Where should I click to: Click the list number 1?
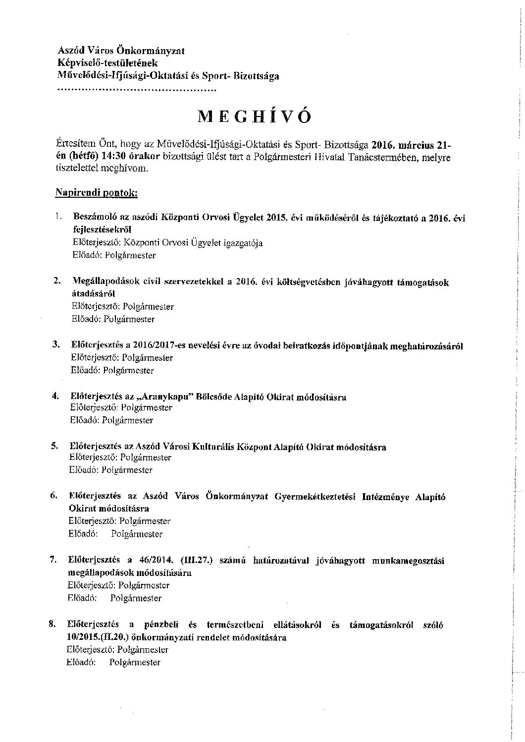point(58,217)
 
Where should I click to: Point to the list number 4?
point(55,396)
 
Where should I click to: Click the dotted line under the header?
point(136,91)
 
